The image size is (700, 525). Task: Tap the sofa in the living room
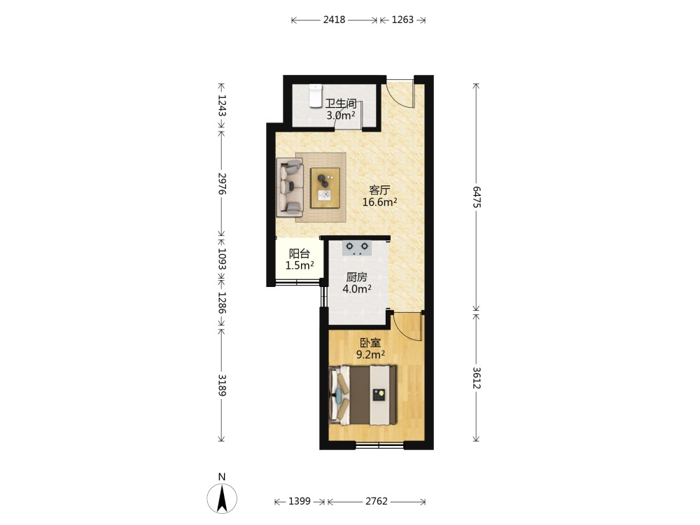click(x=290, y=188)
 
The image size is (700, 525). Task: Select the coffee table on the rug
click(x=325, y=188)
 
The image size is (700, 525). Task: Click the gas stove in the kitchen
click(x=357, y=248)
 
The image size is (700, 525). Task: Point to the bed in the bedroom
click(x=363, y=395)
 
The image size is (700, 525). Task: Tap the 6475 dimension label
click(x=476, y=197)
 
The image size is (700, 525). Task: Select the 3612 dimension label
click(x=476, y=378)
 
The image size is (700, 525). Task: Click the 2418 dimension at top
click(x=334, y=20)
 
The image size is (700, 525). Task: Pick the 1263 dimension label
click(x=402, y=20)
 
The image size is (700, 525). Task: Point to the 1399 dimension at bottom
click(x=299, y=501)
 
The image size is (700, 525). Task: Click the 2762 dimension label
click(x=377, y=501)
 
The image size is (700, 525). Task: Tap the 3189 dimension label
click(x=222, y=385)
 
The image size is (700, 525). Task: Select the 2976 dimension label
click(x=222, y=183)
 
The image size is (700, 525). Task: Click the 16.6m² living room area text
click(x=379, y=202)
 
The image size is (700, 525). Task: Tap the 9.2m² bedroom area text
click(x=370, y=355)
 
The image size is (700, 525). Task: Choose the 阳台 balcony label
click(x=300, y=254)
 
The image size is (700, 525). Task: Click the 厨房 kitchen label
click(x=357, y=277)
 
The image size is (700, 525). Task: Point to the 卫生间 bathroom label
click(x=341, y=104)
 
